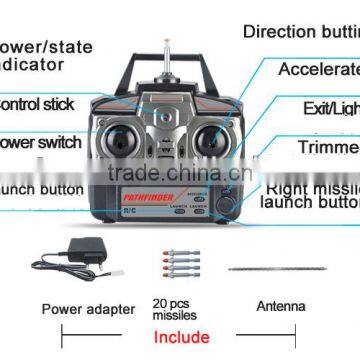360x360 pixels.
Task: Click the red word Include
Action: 180,337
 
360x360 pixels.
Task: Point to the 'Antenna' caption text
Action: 280,307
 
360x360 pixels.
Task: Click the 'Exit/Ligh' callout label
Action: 330,107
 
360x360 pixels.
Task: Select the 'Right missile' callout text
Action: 313,186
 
